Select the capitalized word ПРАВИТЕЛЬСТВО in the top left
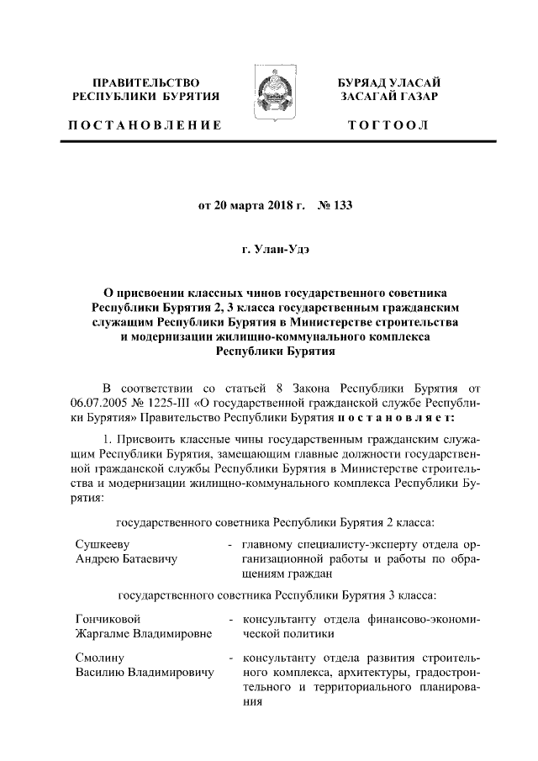pos(146,83)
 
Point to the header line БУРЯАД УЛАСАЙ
pos(389,83)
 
